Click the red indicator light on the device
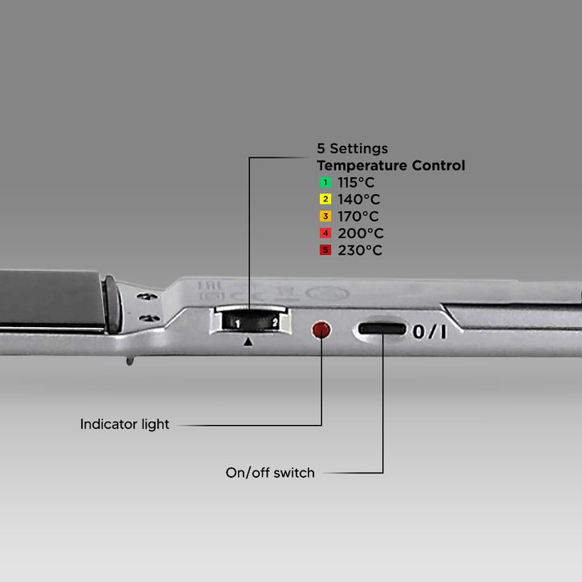(321, 329)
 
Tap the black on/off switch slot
(382, 329)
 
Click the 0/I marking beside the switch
(429, 330)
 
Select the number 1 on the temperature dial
(236, 322)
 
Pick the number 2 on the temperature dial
(274, 322)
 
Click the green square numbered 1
(325, 183)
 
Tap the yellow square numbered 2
(325, 200)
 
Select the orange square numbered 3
(325, 216)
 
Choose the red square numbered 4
(325, 233)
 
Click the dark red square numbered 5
(325, 250)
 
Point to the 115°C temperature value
(358, 182)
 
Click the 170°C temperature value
(358, 216)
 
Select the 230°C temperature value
(360, 250)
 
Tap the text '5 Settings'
(353, 148)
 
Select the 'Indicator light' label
(125, 424)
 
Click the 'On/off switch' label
(270, 473)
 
